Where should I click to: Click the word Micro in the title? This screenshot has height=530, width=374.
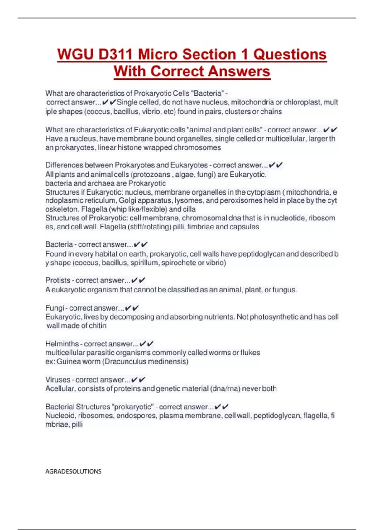[x=158, y=54]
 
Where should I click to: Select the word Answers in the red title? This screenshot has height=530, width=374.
[x=239, y=71]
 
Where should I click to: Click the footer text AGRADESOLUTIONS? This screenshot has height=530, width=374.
[x=73, y=471]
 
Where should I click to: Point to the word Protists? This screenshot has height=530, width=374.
[x=58, y=280]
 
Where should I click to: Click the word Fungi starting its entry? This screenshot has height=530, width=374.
[x=55, y=308]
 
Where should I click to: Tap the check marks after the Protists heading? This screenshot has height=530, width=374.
[x=138, y=280]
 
